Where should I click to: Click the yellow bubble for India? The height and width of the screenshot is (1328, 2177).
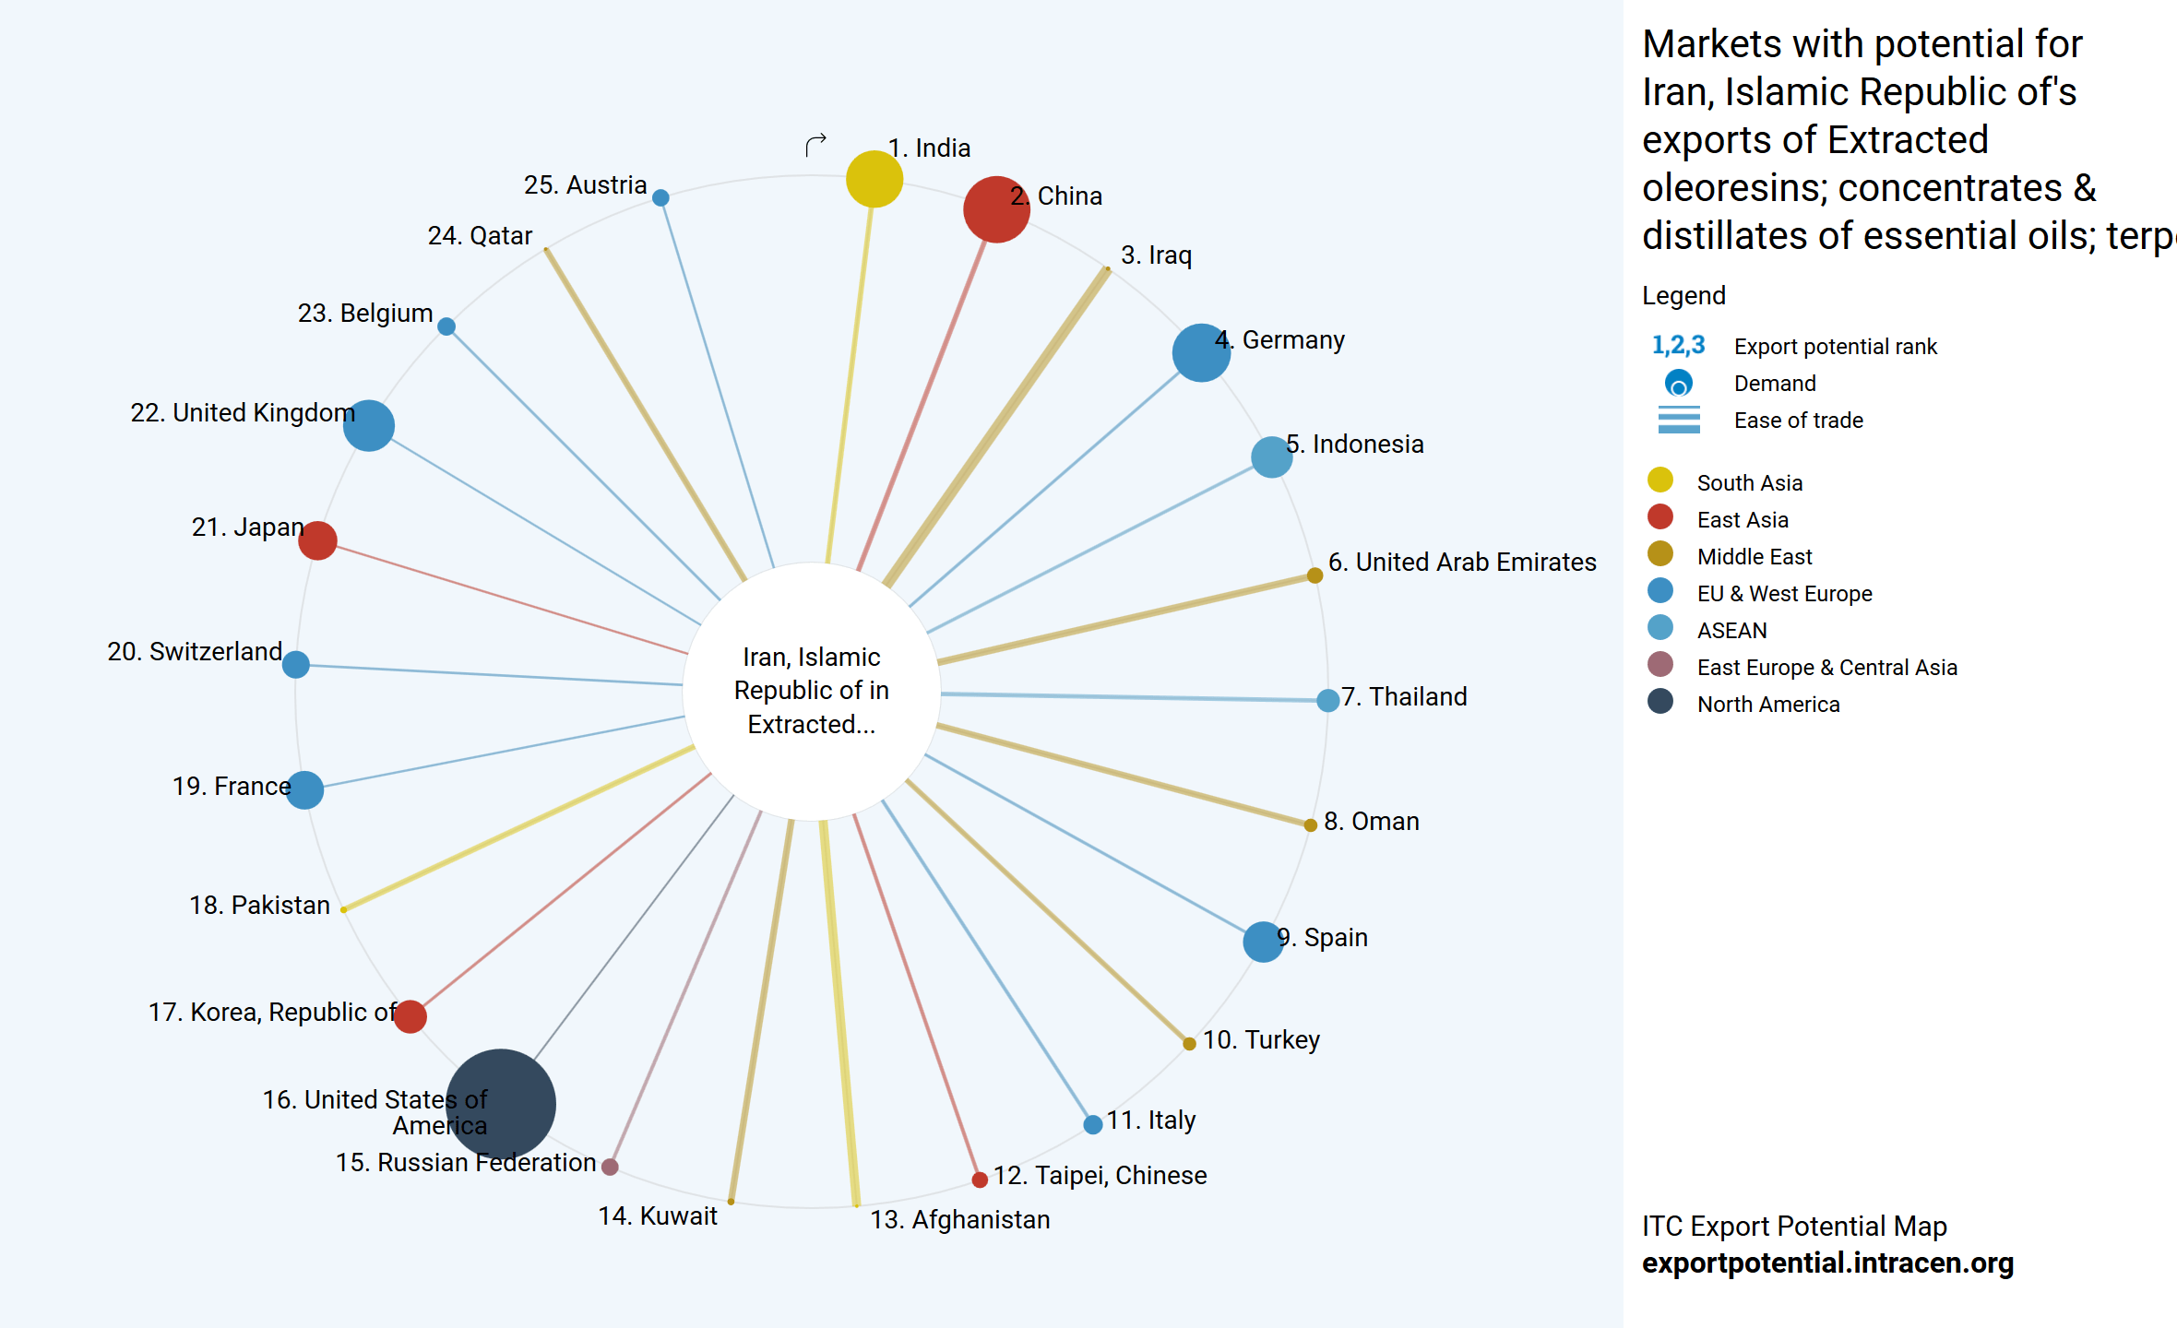pyautogui.click(x=874, y=179)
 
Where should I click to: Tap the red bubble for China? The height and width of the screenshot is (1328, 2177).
pyautogui.click(x=996, y=209)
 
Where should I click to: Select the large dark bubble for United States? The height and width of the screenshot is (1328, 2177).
pyautogui.click(x=501, y=1104)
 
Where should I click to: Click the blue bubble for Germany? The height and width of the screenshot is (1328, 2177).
pyautogui.click(x=1201, y=352)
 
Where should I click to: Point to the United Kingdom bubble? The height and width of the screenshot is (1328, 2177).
pyautogui.click(x=369, y=425)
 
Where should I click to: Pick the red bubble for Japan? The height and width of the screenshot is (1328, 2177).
pyautogui.click(x=317, y=540)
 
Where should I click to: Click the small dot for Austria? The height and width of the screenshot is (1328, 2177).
pyautogui.click(x=660, y=197)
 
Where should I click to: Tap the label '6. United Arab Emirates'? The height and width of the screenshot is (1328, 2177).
pyautogui.click(x=1461, y=562)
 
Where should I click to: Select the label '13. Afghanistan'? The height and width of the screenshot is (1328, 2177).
pyautogui.click(x=959, y=1219)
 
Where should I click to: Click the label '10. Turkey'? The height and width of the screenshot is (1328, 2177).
pyautogui.click(x=1261, y=1039)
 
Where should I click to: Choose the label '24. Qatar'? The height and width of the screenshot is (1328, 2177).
pyautogui.click(x=480, y=236)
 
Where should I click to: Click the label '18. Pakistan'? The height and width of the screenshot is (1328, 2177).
pyautogui.click(x=259, y=905)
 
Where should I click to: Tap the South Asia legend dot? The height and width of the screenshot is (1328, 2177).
pyautogui.click(x=1660, y=480)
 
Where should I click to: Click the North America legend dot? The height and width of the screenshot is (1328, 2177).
pyautogui.click(x=1660, y=702)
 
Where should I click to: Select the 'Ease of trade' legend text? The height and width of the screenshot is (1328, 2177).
pyautogui.click(x=1798, y=421)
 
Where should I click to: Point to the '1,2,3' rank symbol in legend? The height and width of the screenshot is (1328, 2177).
pyautogui.click(x=1678, y=346)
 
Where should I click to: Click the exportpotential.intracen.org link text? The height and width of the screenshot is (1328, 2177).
pyautogui.click(x=1827, y=1263)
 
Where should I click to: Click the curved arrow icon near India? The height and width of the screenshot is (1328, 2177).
pyautogui.click(x=815, y=145)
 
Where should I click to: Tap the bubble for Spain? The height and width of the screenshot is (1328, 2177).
pyautogui.click(x=1263, y=942)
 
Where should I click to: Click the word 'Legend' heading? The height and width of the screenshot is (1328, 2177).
pyautogui.click(x=1683, y=295)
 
